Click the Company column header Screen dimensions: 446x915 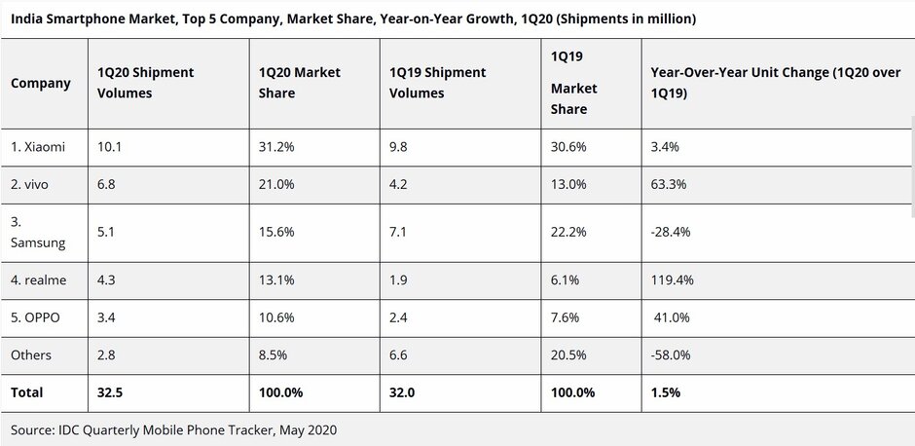(41, 83)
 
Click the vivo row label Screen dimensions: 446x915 (32, 185)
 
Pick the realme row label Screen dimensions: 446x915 (39, 280)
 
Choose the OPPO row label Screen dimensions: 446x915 (37, 318)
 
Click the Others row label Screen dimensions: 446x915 (31, 355)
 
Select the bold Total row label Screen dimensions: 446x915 (27, 392)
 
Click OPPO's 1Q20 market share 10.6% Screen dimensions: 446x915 (277, 318)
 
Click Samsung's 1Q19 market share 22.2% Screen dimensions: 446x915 (569, 233)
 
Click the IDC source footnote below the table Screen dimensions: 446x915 (173, 428)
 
